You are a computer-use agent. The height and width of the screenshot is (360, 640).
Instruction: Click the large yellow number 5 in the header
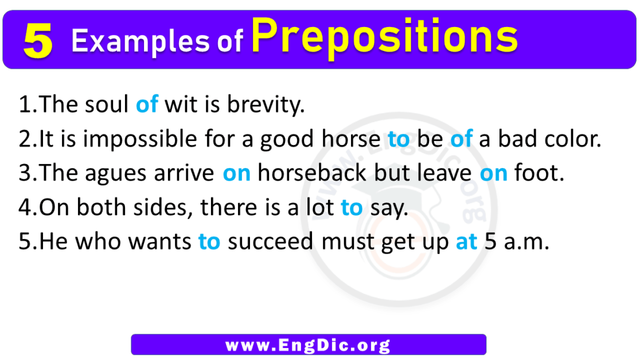pos(38,41)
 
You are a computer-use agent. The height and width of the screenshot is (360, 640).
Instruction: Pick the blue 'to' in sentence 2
pos(399,139)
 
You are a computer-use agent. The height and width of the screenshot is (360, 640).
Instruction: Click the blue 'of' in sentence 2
pos(461,139)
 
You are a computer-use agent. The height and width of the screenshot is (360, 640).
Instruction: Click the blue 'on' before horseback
pos(237,174)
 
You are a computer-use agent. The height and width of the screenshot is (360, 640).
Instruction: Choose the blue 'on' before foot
pos(494,174)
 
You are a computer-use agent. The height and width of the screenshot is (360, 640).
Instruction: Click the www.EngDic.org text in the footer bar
pos(308,345)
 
